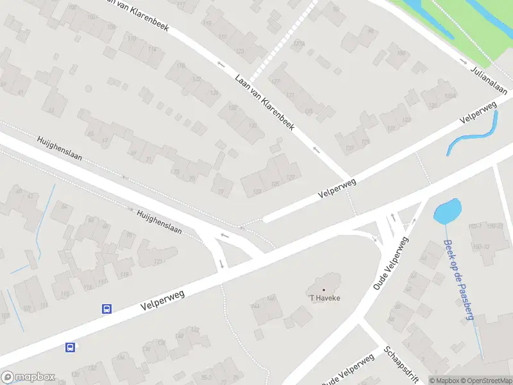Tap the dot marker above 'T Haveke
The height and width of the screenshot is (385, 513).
tap(323, 289)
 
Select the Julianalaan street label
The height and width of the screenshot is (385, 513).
tap(489, 81)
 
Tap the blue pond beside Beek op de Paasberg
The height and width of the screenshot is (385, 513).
tap(447, 210)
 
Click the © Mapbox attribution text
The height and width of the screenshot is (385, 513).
tap(442, 381)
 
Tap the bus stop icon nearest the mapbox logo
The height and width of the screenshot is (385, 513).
tap(70, 348)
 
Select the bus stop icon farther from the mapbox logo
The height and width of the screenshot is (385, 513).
tap(106, 309)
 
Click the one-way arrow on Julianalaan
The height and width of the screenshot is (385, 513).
tap(463, 62)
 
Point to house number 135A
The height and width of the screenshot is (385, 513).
tap(299, 44)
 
